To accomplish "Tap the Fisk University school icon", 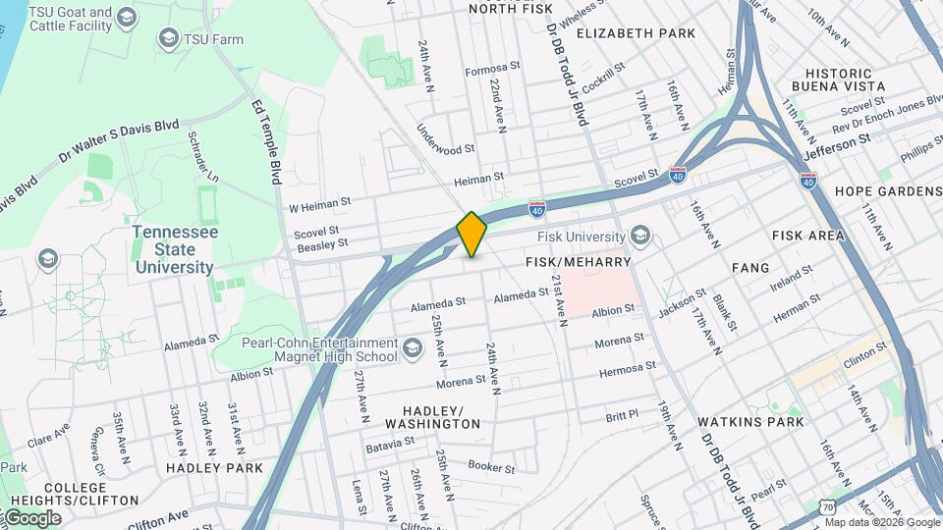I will point(641,236).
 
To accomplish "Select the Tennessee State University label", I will point(174,247).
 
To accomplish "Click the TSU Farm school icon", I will point(168,38).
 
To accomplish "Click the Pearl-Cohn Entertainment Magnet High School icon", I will point(412,348).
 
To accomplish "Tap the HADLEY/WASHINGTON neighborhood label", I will point(433,416).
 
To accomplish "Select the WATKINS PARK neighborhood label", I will point(750,422).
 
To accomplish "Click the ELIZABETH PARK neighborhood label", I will point(636,33).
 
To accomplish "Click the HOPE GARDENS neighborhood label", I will point(887,191).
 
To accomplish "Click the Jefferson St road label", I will point(837,147).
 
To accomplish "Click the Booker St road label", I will point(491,468).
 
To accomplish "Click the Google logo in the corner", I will point(31,518).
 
